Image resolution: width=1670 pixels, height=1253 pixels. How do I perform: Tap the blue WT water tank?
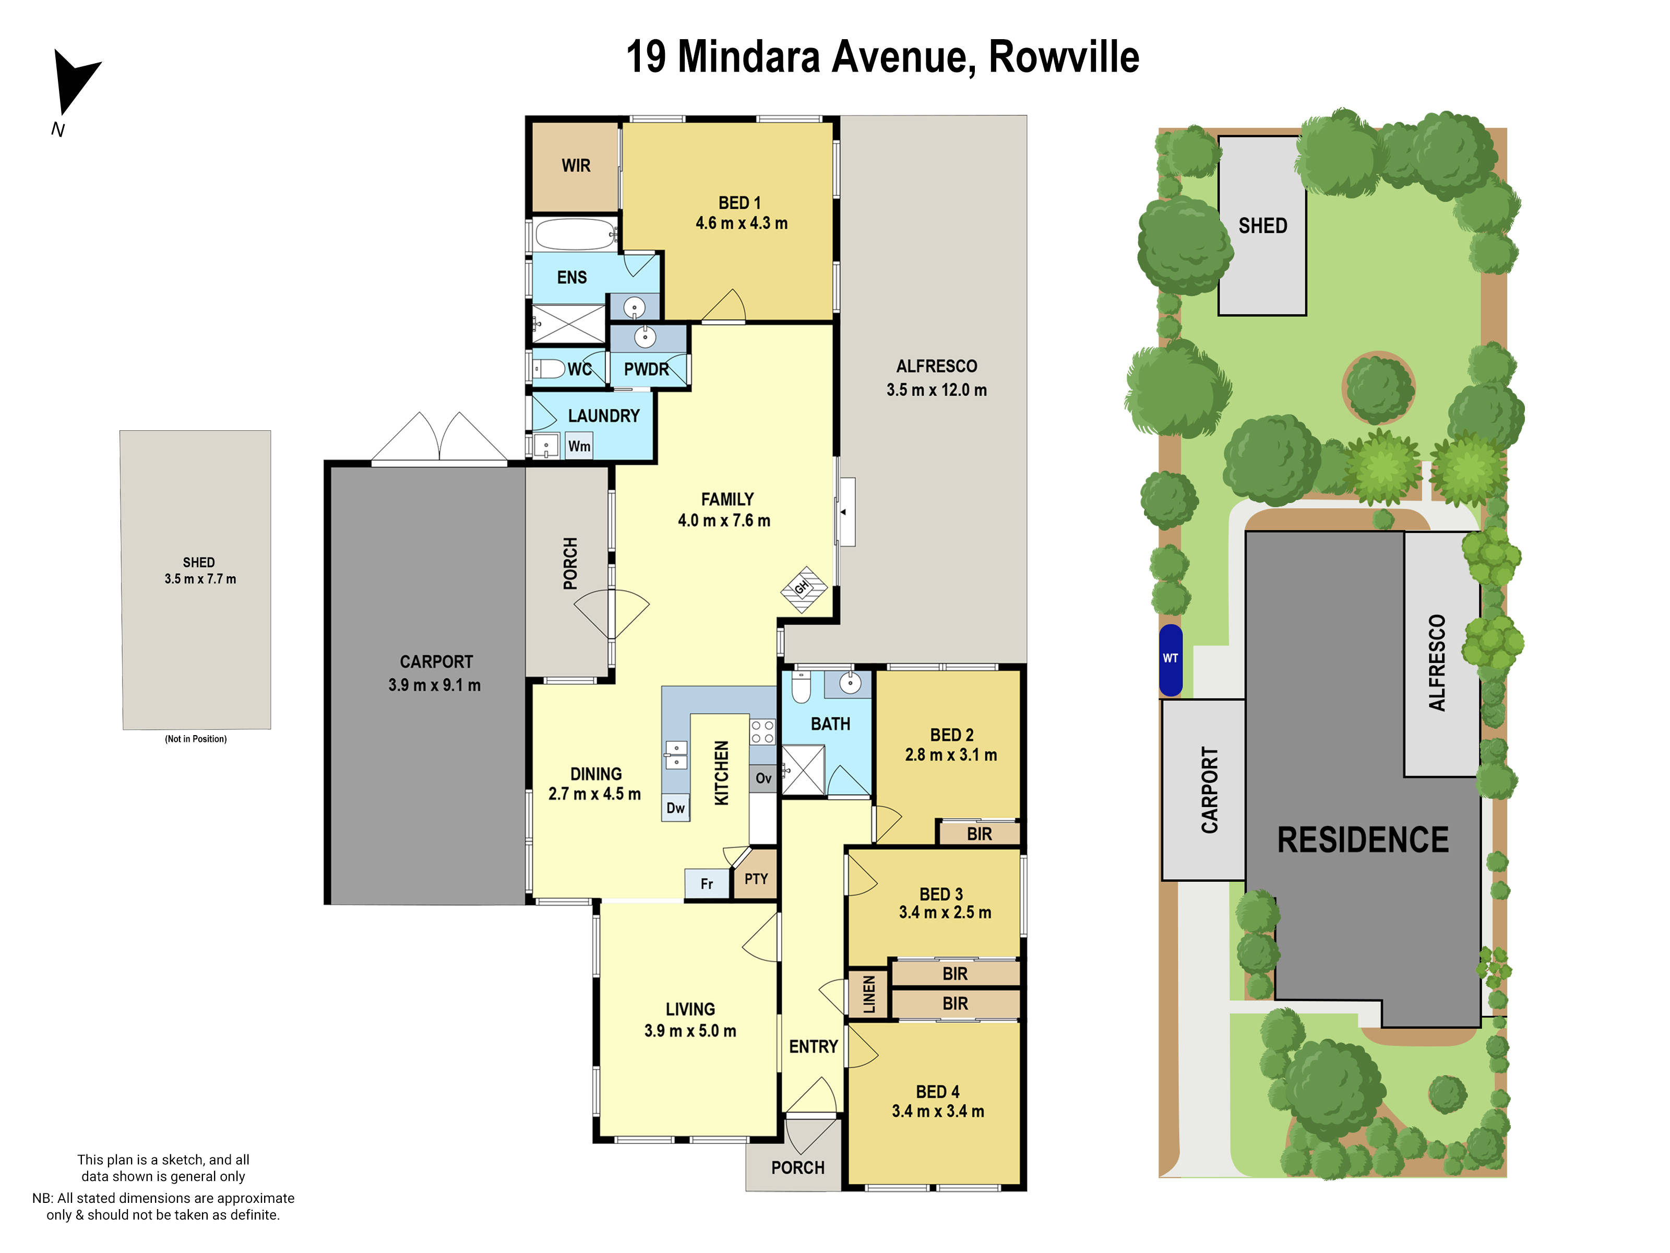(1170, 659)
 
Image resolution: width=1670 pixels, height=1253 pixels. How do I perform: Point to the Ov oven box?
(764, 778)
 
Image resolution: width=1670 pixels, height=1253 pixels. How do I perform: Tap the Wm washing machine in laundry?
(579, 446)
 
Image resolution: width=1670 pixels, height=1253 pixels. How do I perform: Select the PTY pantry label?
(756, 878)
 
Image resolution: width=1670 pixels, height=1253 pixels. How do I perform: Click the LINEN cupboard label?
(869, 994)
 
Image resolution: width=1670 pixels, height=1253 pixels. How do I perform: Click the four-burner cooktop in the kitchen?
(762, 731)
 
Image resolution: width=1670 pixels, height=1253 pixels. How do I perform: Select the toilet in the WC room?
(549, 369)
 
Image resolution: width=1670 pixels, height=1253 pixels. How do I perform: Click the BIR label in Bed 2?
(979, 834)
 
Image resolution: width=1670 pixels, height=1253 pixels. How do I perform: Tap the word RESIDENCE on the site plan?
(1363, 840)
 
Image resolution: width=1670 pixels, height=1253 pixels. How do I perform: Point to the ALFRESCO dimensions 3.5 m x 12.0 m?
(936, 389)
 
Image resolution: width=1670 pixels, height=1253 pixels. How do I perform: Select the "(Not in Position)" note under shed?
(196, 739)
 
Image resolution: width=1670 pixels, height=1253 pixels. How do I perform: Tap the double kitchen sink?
(676, 754)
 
